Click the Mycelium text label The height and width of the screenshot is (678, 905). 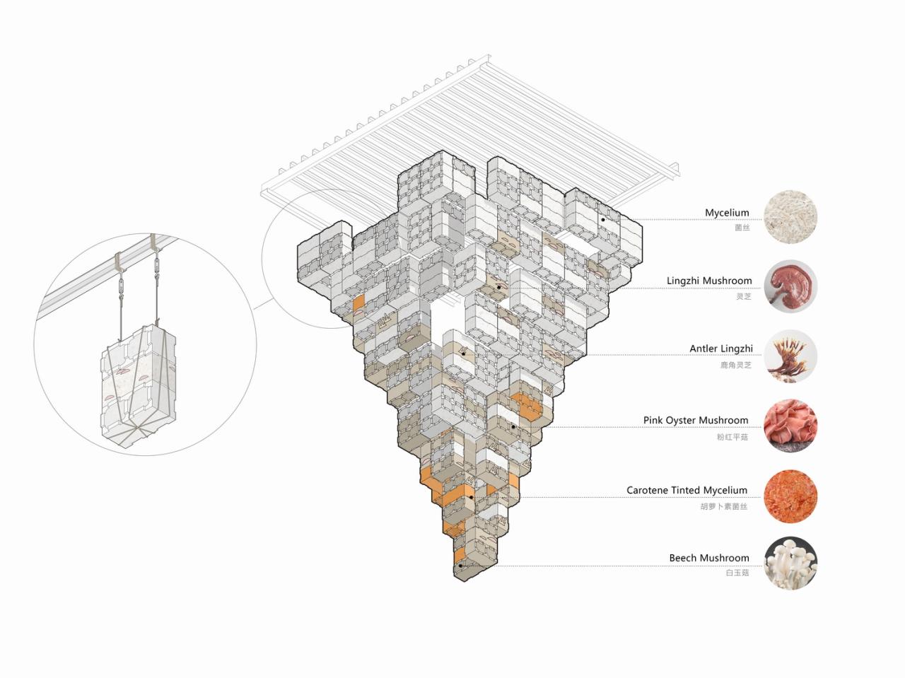tap(726, 213)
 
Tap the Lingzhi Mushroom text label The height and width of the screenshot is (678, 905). tap(708, 281)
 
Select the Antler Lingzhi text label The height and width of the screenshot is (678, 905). tap(720, 349)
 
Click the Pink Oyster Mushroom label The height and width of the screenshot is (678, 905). tap(695, 420)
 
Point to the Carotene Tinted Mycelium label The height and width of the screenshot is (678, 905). tap(686, 490)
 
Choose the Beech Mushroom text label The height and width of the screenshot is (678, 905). tap(708, 558)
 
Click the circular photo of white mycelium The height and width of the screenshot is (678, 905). tap(790, 216)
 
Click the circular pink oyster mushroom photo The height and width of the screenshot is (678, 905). tap(790, 426)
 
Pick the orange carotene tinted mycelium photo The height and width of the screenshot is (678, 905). tap(790, 495)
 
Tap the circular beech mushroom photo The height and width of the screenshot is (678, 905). tap(790, 563)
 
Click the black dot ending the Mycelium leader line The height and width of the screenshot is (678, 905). tap(602, 220)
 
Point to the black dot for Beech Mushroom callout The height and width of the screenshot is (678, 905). tap(460, 566)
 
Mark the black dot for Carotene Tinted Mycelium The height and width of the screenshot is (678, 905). tap(470, 498)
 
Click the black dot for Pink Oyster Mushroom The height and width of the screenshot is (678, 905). tap(513, 427)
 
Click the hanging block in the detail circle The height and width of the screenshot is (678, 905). tap(139, 387)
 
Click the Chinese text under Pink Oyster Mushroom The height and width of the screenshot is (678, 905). tap(732, 437)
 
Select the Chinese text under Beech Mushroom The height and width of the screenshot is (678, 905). tap(737, 573)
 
